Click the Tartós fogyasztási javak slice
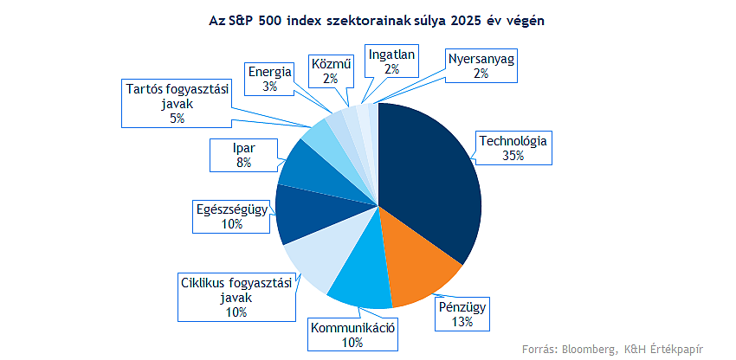[322, 135]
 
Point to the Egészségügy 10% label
[231, 215]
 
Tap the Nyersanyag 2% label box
[481, 67]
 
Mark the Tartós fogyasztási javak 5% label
[177, 103]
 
